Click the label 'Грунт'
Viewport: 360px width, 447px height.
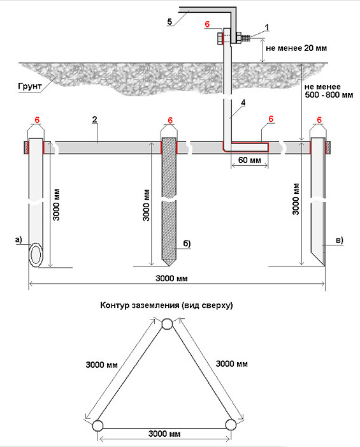tap(30, 86)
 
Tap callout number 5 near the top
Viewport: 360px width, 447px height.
tap(170, 22)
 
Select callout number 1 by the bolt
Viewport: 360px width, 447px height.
tap(267, 27)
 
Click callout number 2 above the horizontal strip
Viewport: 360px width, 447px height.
tap(95, 119)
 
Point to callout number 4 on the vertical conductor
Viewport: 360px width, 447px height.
tap(243, 102)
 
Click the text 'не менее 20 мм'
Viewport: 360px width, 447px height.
tap(296, 48)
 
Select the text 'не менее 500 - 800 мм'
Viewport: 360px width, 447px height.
tap(329, 91)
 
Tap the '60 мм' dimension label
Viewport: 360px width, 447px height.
tap(250, 160)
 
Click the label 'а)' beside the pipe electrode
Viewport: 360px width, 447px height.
tap(18, 240)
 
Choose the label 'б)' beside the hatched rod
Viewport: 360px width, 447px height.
tap(187, 244)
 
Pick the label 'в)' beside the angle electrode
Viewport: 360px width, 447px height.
tap(340, 240)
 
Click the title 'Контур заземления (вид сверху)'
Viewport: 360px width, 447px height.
tap(166, 305)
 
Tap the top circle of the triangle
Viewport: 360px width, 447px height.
tap(167, 324)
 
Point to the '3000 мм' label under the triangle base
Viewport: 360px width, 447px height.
tap(164, 434)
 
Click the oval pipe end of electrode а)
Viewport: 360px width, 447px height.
tap(36, 255)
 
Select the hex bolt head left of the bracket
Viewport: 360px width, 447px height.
tap(220, 38)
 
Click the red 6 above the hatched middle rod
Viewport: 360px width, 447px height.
tap(170, 121)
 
